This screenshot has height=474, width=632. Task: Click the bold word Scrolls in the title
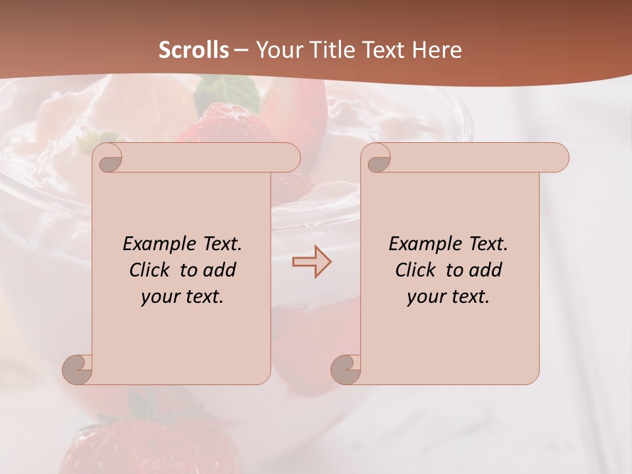[194, 49]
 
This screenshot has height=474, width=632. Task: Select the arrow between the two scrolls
[311, 261]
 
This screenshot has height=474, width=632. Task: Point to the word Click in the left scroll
[150, 270]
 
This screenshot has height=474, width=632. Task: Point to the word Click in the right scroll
[415, 270]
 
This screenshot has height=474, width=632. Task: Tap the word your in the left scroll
[160, 297]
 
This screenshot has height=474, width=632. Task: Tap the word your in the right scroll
[426, 297]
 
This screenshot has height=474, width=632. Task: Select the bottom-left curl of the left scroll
[78, 369]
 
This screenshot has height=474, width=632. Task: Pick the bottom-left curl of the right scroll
[346, 369]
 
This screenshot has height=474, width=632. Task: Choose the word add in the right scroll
[485, 270]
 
